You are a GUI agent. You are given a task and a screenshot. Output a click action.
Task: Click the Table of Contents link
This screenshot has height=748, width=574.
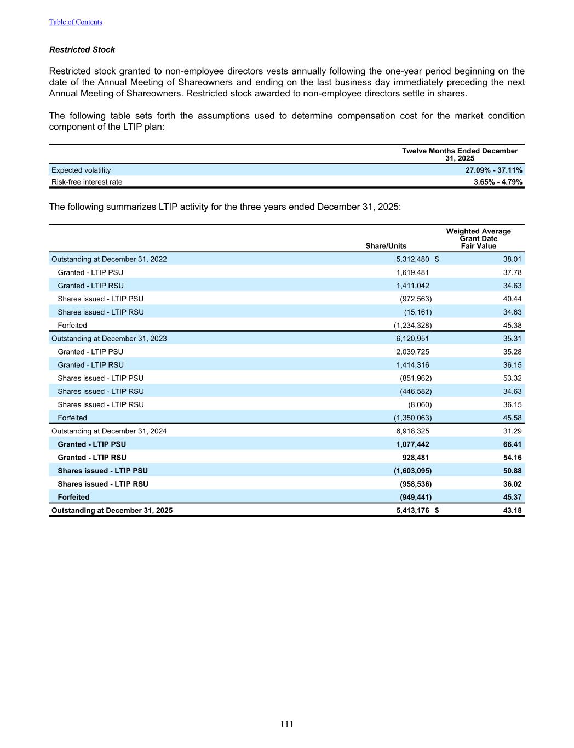[76, 22]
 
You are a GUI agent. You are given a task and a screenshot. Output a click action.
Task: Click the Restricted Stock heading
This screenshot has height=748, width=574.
[82, 49]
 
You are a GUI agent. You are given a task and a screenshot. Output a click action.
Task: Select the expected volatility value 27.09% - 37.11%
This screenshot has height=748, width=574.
[493, 170]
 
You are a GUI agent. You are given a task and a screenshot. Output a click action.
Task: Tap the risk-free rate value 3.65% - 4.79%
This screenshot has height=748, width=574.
[497, 182]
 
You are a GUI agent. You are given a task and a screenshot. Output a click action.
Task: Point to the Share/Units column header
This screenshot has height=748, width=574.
[386, 246]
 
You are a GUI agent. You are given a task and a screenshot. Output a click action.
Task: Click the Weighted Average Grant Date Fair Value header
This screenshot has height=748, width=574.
[478, 238]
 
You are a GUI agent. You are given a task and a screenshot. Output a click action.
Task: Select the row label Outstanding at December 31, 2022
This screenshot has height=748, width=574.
[109, 259]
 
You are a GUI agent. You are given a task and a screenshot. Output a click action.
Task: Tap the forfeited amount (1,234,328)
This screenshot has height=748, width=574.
[412, 326]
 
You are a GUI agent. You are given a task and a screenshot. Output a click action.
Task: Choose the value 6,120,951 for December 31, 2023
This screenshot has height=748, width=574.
[412, 339]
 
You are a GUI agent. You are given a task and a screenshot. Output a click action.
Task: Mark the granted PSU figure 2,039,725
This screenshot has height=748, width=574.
[412, 352]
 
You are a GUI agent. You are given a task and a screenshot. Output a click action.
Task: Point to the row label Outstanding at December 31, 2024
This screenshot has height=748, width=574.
[109, 431]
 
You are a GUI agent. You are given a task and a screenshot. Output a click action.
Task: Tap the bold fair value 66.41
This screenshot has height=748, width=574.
[512, 444]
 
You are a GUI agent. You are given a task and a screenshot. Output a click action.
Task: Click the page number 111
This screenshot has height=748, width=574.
[287, 724]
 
